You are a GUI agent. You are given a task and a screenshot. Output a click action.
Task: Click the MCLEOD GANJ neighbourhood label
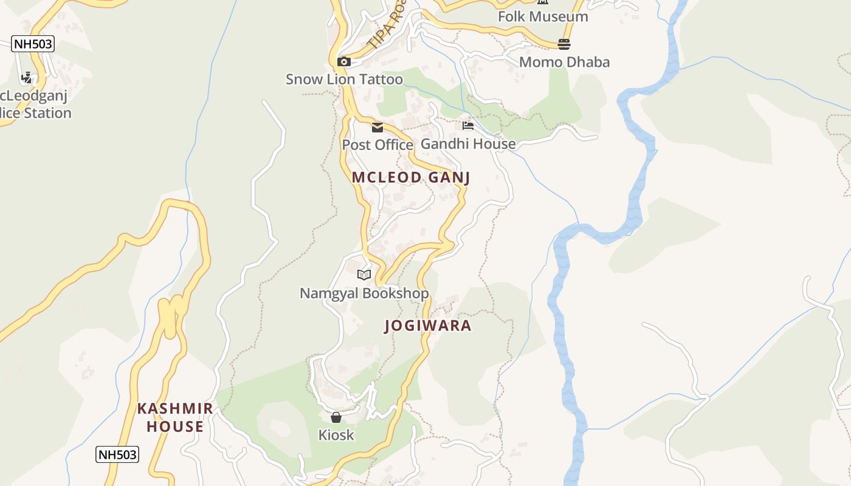coord(411,177)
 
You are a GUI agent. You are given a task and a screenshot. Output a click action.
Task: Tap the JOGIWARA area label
coord(428,326)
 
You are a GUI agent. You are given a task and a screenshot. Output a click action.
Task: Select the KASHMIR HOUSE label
coord(175,417)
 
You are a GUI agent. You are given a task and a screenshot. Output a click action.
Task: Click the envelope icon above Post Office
coord(377,128)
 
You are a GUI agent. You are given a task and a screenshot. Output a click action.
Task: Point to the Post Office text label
coord(377,145)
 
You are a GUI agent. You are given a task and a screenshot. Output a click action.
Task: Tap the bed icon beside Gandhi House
coord(467,126)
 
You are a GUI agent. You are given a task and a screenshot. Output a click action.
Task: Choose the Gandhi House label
coord(468,144)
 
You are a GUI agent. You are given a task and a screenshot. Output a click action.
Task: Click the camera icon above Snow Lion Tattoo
coord(344,61)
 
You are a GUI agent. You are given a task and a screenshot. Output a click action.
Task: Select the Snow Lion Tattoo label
coord(344,80)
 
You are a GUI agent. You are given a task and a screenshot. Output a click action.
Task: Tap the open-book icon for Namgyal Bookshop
coord(364,275)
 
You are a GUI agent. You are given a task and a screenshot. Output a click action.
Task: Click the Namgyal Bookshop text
coord(364,293)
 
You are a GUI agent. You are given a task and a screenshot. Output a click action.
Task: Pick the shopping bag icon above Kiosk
coord(336,417)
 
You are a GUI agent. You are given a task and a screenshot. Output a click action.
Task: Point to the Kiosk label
coord(336,435)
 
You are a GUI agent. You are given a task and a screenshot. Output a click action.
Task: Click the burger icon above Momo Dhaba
coord(564,44)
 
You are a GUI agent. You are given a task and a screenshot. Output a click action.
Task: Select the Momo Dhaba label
coord(564,62)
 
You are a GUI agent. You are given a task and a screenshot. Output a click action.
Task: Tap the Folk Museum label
coord(543,16)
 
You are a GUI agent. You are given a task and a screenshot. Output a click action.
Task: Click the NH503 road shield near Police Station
coord(33,44)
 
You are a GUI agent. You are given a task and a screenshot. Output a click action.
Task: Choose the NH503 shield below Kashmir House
coord(117,454)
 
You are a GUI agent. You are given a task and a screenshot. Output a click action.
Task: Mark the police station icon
coord(26,78)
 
